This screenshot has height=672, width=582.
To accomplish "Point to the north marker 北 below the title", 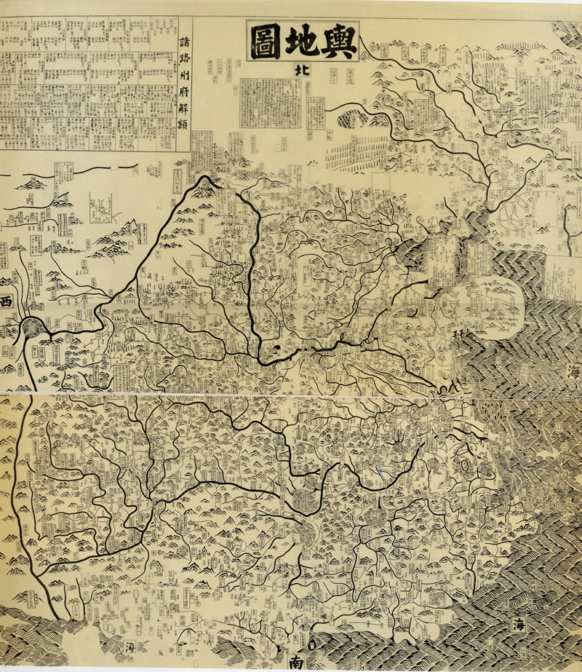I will [299, 71].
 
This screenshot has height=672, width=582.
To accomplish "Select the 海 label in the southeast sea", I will [519, 625].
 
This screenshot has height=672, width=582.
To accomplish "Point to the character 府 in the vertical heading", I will [185, 92].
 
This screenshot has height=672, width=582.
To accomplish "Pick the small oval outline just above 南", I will [310, 644].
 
